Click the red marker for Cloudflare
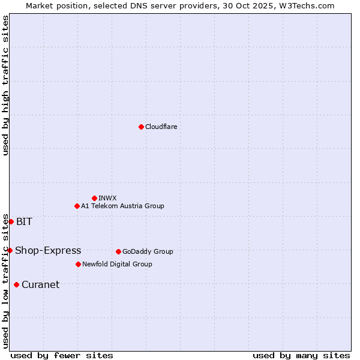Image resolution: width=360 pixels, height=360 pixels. [141, 127]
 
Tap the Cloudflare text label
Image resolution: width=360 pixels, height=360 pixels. [161, 127]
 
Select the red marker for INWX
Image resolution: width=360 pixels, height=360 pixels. [94, 198]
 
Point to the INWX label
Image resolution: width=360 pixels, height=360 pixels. [107, 198]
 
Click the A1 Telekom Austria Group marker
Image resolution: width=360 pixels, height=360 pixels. [77, 206]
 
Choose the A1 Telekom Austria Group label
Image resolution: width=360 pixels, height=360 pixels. [122, 206]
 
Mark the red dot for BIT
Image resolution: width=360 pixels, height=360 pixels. [11, 221]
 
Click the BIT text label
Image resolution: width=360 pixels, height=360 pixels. [24, 221]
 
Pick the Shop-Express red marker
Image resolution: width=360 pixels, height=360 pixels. [10, 250]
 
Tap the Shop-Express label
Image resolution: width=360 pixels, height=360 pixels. [48, 250]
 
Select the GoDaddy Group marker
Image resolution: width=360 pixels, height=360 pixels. [118, 251]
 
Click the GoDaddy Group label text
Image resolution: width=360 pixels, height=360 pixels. [148, 251]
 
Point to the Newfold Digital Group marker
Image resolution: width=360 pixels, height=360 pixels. [78, 264]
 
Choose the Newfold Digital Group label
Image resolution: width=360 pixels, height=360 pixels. [117, 264]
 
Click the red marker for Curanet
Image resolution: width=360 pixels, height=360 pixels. [16, 284]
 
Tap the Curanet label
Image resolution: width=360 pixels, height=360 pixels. [40, 284]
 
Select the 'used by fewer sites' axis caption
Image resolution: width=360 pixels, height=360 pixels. [62, 355]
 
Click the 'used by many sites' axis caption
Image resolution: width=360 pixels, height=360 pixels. [301, 355]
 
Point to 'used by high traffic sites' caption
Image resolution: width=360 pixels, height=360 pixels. [5, 85]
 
